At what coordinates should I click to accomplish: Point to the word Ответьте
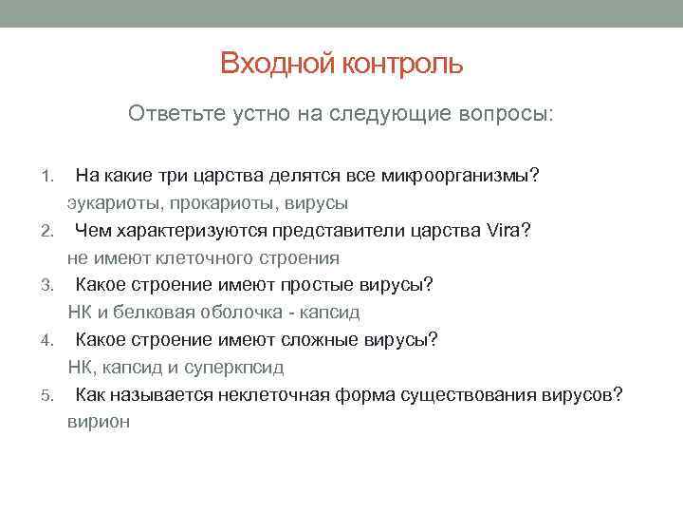click(174, 114)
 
